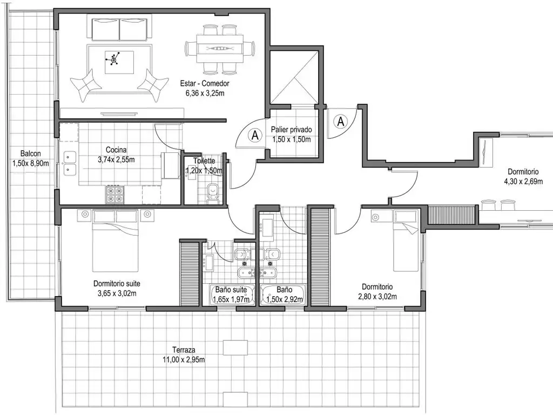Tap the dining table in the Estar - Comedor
click(220, 49)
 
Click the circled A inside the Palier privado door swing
click(254, 135)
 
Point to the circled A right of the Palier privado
click(341, 121)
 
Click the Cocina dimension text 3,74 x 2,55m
click(116, 159)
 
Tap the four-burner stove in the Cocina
click(115, 195)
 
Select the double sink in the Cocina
click(70, 163)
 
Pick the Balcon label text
click(31, 153)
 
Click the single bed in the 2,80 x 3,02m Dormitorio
click(404, 241)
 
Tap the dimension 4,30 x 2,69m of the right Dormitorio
click(521, 182)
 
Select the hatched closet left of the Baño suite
click(190, 274)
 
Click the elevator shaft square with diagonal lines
click(295, 77)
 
